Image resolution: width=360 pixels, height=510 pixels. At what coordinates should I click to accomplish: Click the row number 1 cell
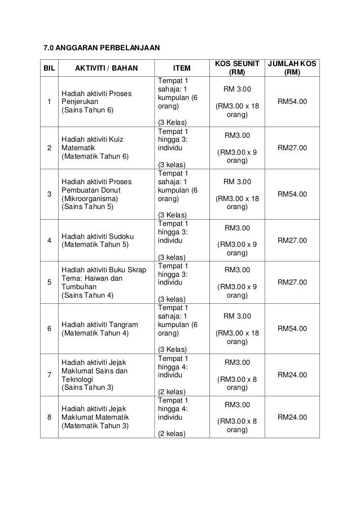50,102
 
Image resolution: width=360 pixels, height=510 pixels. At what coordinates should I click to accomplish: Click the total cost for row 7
292,374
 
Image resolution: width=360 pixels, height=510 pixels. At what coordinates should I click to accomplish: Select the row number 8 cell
50,417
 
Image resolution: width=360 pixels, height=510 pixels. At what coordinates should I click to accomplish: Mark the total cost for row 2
292,147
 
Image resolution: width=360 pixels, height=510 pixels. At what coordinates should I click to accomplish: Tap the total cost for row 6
292,328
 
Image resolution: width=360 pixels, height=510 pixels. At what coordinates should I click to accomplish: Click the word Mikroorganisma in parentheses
89,199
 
